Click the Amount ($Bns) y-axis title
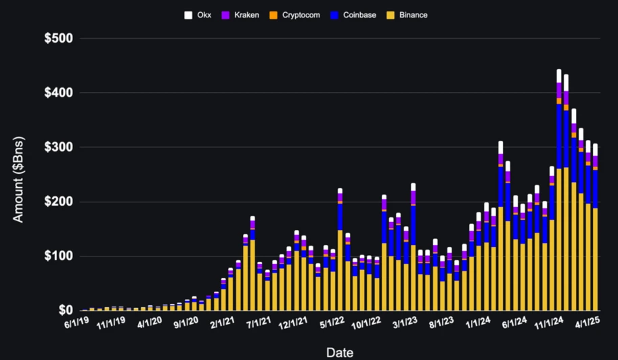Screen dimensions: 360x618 [x=19, y=176]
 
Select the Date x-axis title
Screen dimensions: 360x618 [x=339, y=352]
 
